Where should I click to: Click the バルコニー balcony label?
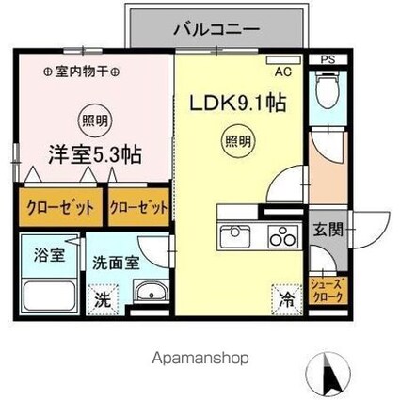pyautogui.click(x=216, y=30)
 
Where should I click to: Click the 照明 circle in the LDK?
pyautogui.click(x=237, y=143)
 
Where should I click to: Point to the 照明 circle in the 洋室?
pyautogui.click(x=90, y=120)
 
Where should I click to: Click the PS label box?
pyautogui.click(x=328, y=60)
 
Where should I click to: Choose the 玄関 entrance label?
pyautogui.click(x=328, y=229)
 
